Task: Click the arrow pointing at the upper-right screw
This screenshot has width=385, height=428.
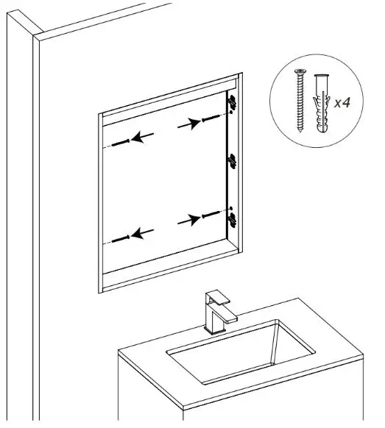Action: [x=188, y=125]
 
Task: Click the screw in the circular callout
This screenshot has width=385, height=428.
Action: [x=300, y=101]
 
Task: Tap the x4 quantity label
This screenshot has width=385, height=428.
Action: [x=342, y=103]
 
